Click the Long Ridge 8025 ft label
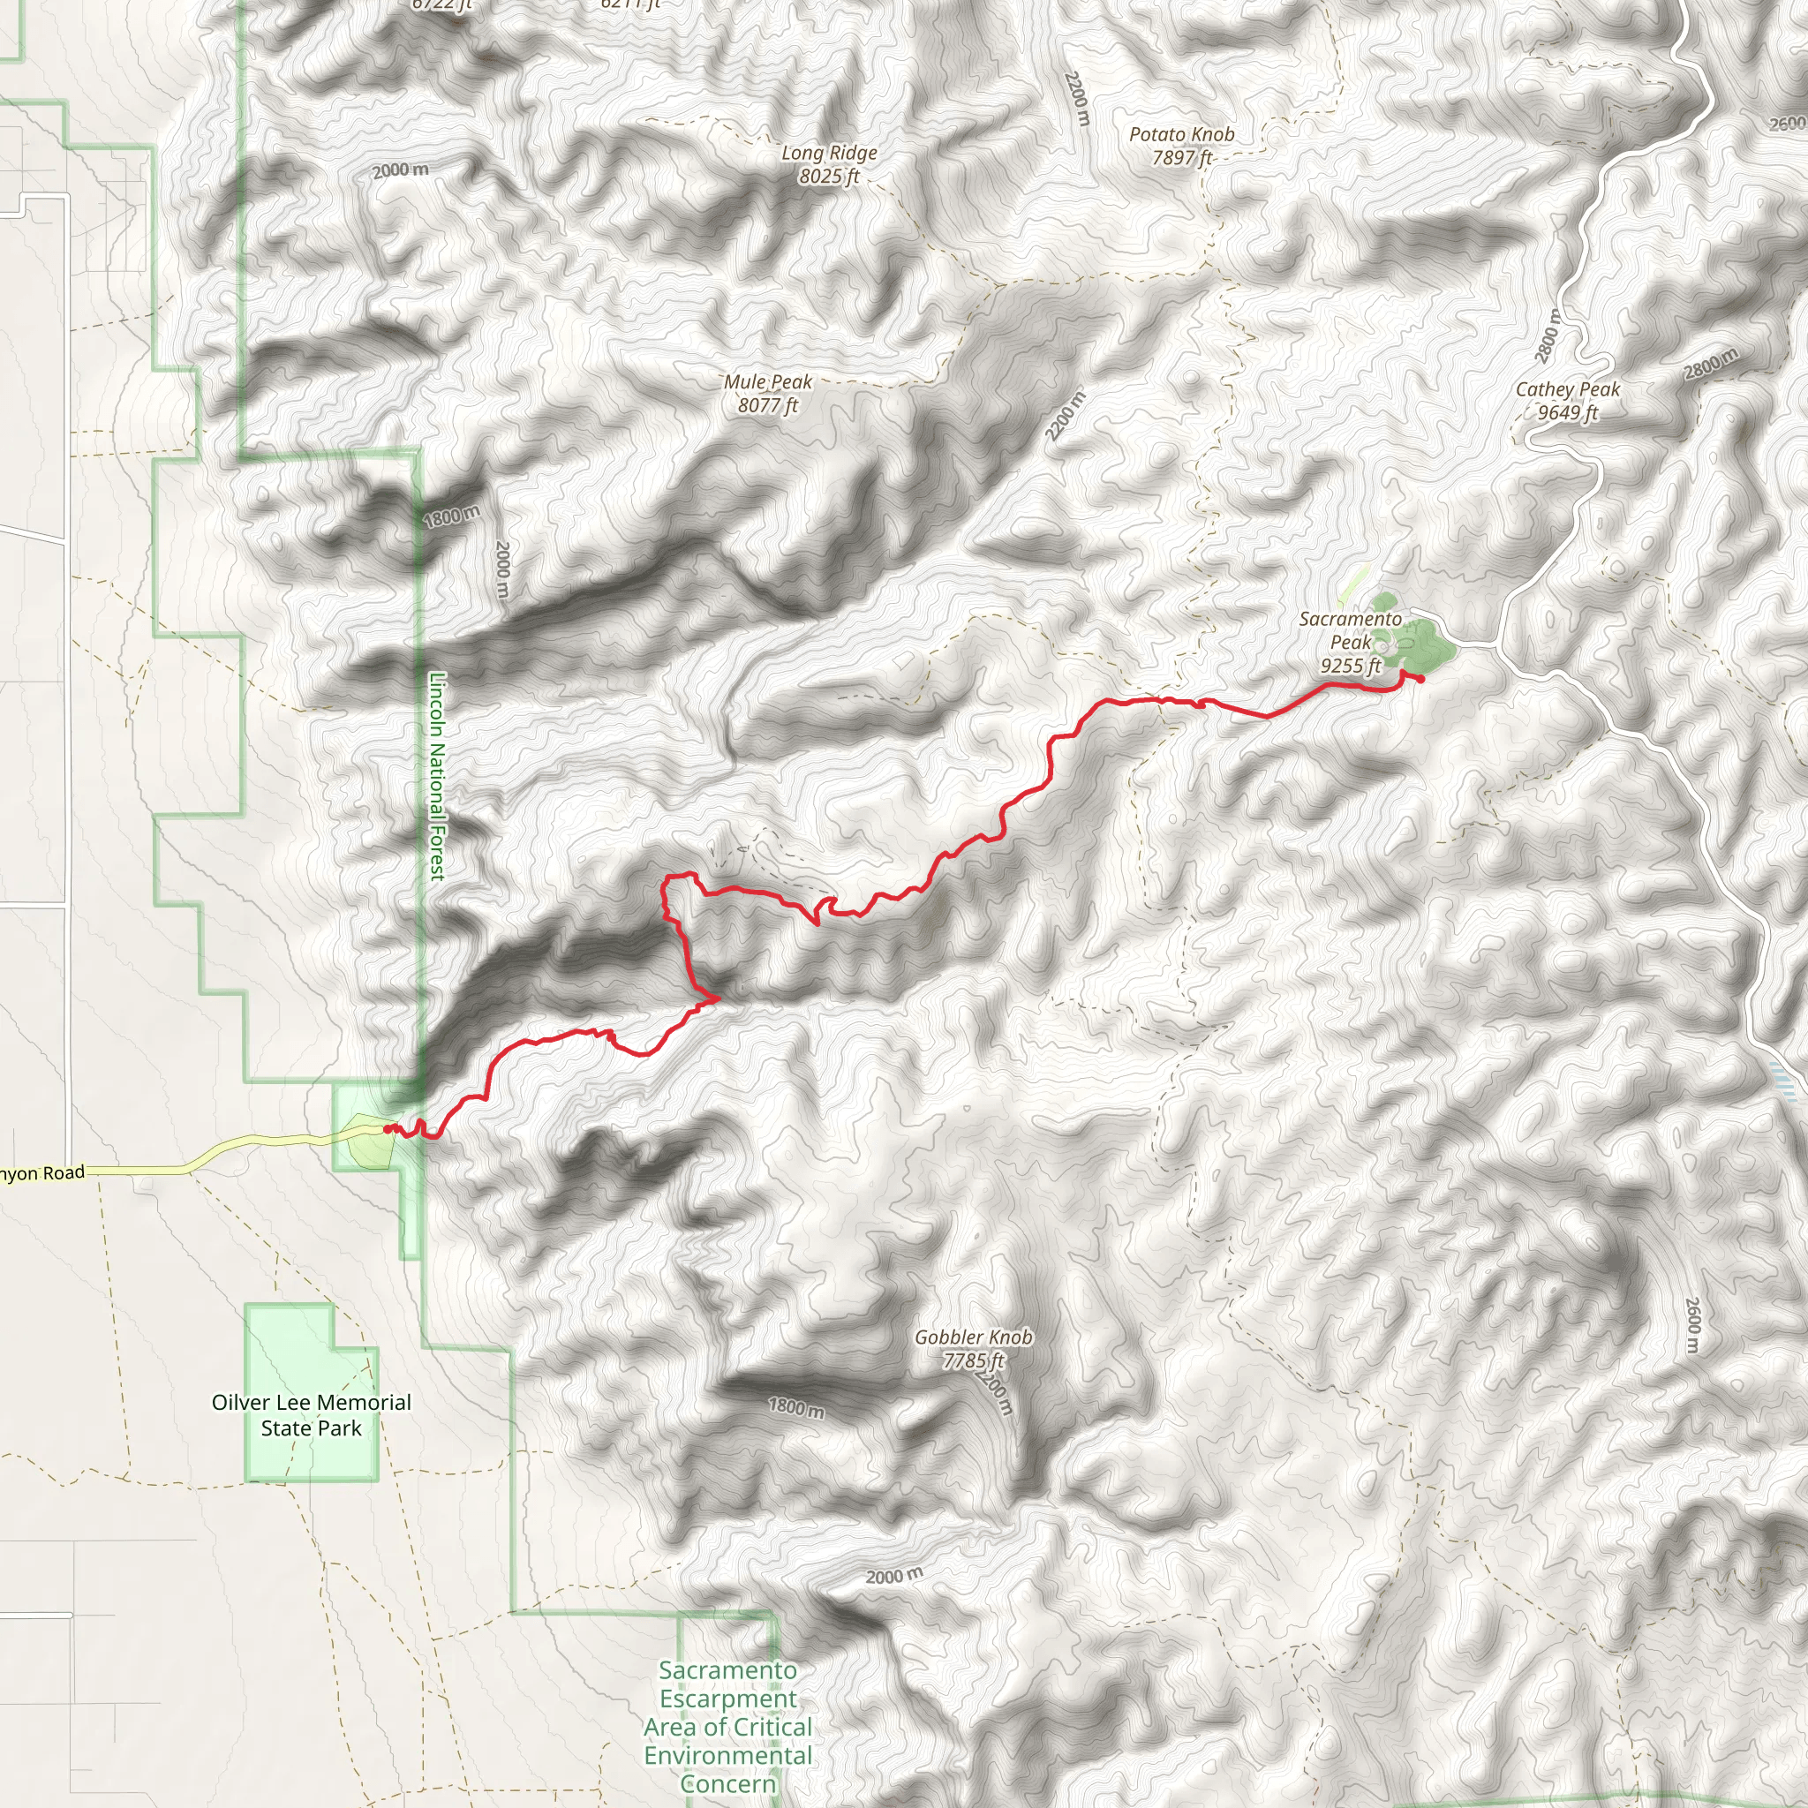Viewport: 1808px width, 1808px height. click(x=829, y=165)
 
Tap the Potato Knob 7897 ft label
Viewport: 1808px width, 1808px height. click(x=1181, y=146)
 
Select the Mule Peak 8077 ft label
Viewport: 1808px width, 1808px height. click(x=767, y=393)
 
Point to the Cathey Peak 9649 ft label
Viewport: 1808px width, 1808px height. click(x=1568, y=401)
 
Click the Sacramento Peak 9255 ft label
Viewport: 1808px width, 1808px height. click(x=1351, y=642)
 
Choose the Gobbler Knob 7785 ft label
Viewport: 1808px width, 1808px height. click(x=973, y=1349)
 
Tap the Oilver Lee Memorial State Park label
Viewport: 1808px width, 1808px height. click(x=311, y=1415)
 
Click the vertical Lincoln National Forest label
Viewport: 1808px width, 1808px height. click(x=437, y=777)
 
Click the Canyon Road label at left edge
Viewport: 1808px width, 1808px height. click(x=43, y=1173)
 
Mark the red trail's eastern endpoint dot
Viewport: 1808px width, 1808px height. click(x=1420, y=680)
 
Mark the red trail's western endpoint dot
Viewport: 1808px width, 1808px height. click(x=387, y=1128)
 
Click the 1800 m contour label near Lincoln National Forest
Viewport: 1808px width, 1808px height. click(x=451, y=516)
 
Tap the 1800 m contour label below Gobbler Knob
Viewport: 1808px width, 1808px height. click(x=796, y=1407)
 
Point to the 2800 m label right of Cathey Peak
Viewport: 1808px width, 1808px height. click(x=1711, y=363)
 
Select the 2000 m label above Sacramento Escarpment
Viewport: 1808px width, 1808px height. click(x=893, y=1576)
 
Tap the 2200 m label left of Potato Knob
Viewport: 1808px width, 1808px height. click(x=1077, y=98)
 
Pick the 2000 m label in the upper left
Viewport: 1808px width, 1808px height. click(x=401, y=170)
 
